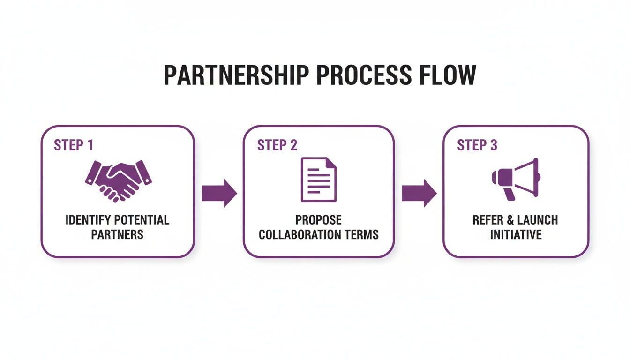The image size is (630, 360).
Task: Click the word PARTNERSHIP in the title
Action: coord(236,75)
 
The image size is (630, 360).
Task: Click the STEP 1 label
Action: coord(74,145)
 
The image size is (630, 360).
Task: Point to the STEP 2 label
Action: coord(277,145)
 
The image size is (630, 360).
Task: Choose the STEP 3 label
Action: coord(477,145)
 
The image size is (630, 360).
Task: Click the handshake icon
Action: coord(119,181)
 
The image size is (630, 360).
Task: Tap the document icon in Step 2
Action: coord(318,180)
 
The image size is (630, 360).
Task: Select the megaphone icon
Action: coord(516,179)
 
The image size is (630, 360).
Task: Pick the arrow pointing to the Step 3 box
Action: coord(419,193)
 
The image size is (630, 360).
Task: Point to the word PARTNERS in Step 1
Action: coord(117,234)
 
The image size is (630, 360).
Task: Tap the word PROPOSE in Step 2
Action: coord(318,220)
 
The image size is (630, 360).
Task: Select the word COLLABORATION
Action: coord(298,234)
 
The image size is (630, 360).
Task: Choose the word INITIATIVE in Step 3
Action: coord(516,234)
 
